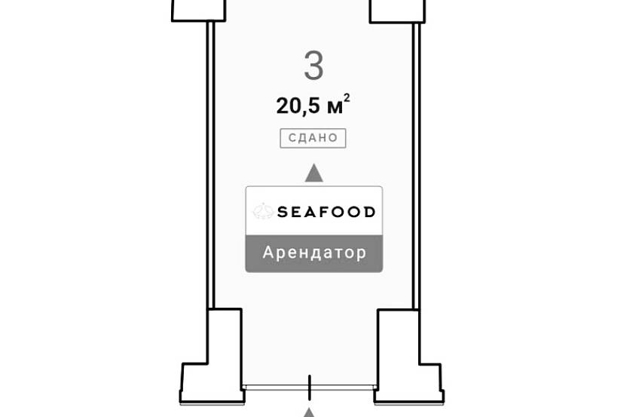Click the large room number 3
[313, 66]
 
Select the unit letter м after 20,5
[335, 108]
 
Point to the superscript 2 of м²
[347, 98]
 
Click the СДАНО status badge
[313, 138]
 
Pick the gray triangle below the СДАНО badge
[314, 173]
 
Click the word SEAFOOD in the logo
[326, 212]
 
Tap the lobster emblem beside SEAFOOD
[263, 211]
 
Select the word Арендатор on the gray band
[314, 253]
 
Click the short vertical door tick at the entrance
[310, 388]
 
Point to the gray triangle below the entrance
[310, 412]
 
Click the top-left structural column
[198, 11]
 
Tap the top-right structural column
[397, 11]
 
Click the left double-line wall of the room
[210, 165]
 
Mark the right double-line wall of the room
[416, 166]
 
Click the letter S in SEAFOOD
[283, 212]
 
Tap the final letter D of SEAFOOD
[369, 212]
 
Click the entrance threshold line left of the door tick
[275, 388]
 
